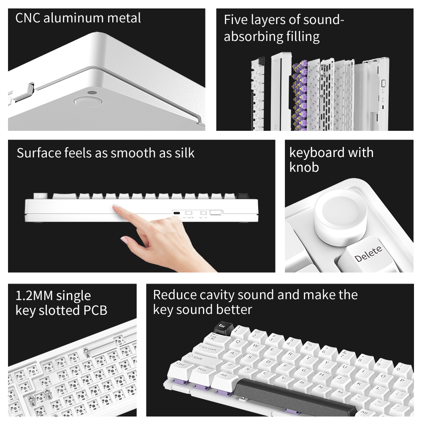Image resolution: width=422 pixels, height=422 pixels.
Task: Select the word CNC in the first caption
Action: (28, 18)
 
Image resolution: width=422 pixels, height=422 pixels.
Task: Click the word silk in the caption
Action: (184, 153)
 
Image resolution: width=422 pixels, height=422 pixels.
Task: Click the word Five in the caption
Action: (235, 20)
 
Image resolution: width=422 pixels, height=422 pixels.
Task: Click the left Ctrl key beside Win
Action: (180, 365)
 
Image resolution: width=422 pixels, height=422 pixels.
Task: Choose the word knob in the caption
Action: (304, 167)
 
